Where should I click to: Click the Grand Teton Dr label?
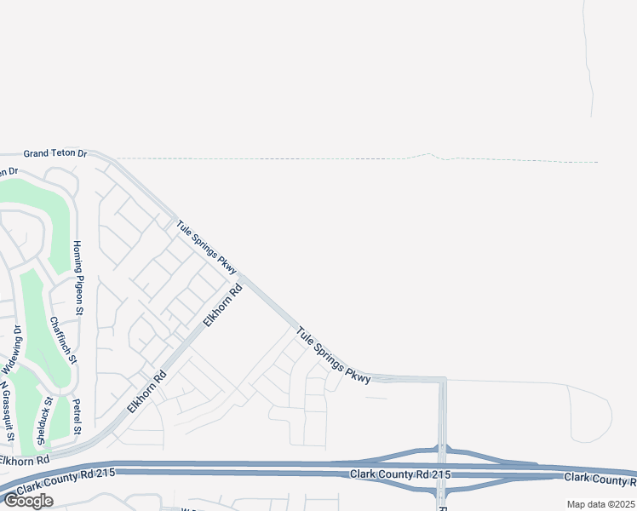[55, 153]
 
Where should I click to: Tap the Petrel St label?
[77, 416]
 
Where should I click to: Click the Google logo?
[28, 501]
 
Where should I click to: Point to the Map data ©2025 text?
[601, 504]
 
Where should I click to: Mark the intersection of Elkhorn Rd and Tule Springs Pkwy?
[242, 278]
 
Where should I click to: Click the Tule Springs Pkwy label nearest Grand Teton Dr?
[205, 247]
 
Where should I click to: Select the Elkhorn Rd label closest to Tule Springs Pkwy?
[222, 305]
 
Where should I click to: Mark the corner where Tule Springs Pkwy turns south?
[442, 380]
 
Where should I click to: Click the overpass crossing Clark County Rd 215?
[442, 470]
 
